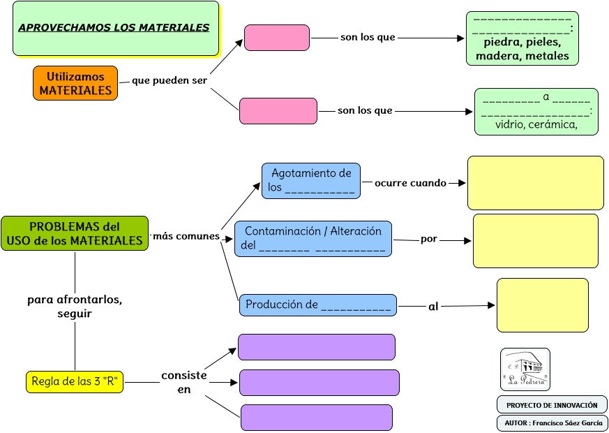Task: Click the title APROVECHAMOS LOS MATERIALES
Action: click(x=114, y=28)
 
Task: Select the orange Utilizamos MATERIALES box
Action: click(x=75, y=84)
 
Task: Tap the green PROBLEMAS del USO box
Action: click(x=75, y=234)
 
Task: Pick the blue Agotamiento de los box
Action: click(x=311, y=181)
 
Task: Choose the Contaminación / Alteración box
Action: click(x=313, y=239)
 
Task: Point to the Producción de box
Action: click(x=318, y=305)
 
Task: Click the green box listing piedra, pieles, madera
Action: click(x=522, y=39)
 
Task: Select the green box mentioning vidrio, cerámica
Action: click(x=536, y=112)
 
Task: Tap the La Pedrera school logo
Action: click(x=525, y=369)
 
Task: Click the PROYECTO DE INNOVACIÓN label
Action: click(x=552, y=405)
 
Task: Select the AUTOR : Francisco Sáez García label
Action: click(x=552, y=423)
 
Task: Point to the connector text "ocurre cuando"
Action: click(x=410, y=183)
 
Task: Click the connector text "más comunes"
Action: click(x=186, y=236)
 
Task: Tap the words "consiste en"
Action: click(x=184, y=382)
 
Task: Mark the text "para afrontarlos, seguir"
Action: click(x=75, y=307)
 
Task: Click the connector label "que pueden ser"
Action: click(x=170, y=80)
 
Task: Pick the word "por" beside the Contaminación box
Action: click(x=429, y=239)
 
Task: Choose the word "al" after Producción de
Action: click(x=433, y=306)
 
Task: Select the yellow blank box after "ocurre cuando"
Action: click(x=535, y=183)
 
